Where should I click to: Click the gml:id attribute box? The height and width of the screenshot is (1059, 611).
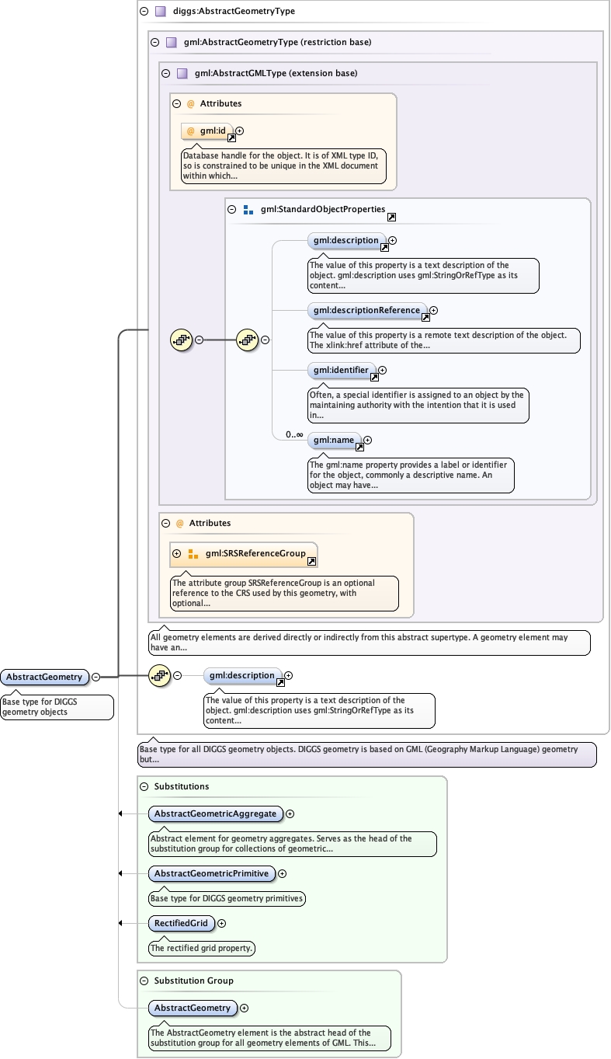(207, 131)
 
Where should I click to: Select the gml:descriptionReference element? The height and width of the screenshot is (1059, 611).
(366, 311)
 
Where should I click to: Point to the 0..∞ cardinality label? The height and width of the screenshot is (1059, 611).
(294, 434)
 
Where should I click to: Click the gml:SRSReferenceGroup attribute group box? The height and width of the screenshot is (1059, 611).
(243, 554)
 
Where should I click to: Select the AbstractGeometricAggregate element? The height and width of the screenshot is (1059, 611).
(215, 813)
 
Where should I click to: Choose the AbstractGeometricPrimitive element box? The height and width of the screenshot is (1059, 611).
(211, 873)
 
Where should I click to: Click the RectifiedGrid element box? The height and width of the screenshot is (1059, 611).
(181, 923)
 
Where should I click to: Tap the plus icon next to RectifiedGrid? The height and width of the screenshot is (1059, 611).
(222, 923)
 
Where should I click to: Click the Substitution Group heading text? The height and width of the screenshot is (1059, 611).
(193, 981)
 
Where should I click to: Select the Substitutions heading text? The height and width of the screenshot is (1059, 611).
(182, 786)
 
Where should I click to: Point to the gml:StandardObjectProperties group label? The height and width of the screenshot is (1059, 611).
(322, 210)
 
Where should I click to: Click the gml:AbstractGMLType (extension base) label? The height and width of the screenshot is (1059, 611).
(276, 74)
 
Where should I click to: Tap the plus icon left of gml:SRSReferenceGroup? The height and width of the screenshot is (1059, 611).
(176, 554)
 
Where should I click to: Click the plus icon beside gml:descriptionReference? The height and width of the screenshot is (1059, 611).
(434, 311)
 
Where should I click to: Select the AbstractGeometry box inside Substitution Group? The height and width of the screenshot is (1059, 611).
(193, 1008)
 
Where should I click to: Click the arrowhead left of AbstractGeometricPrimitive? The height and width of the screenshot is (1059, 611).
(120, 873)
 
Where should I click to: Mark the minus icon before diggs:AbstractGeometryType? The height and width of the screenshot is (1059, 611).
(144, 12)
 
